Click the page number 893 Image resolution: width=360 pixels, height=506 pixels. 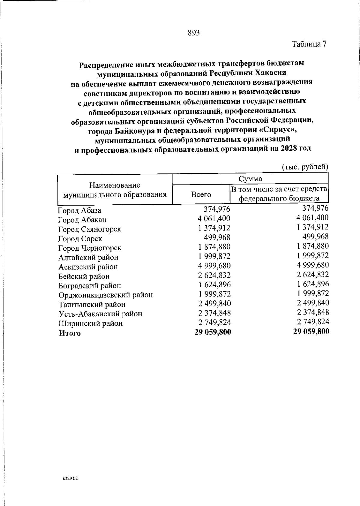point(194,33)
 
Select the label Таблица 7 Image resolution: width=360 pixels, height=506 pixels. point(309,44)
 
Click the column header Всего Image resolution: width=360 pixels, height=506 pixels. point(201,194)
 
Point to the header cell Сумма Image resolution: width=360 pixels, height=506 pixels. point(250,179)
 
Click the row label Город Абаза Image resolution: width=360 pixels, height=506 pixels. point(79,210)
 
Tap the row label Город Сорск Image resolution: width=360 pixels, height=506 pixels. point(80,239)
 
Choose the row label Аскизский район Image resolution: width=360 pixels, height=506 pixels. point(88,267)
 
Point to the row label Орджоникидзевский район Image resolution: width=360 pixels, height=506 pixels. point(105,295)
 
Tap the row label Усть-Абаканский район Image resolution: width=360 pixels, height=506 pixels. point(100,314)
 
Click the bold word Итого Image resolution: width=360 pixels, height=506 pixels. point(70,333)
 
